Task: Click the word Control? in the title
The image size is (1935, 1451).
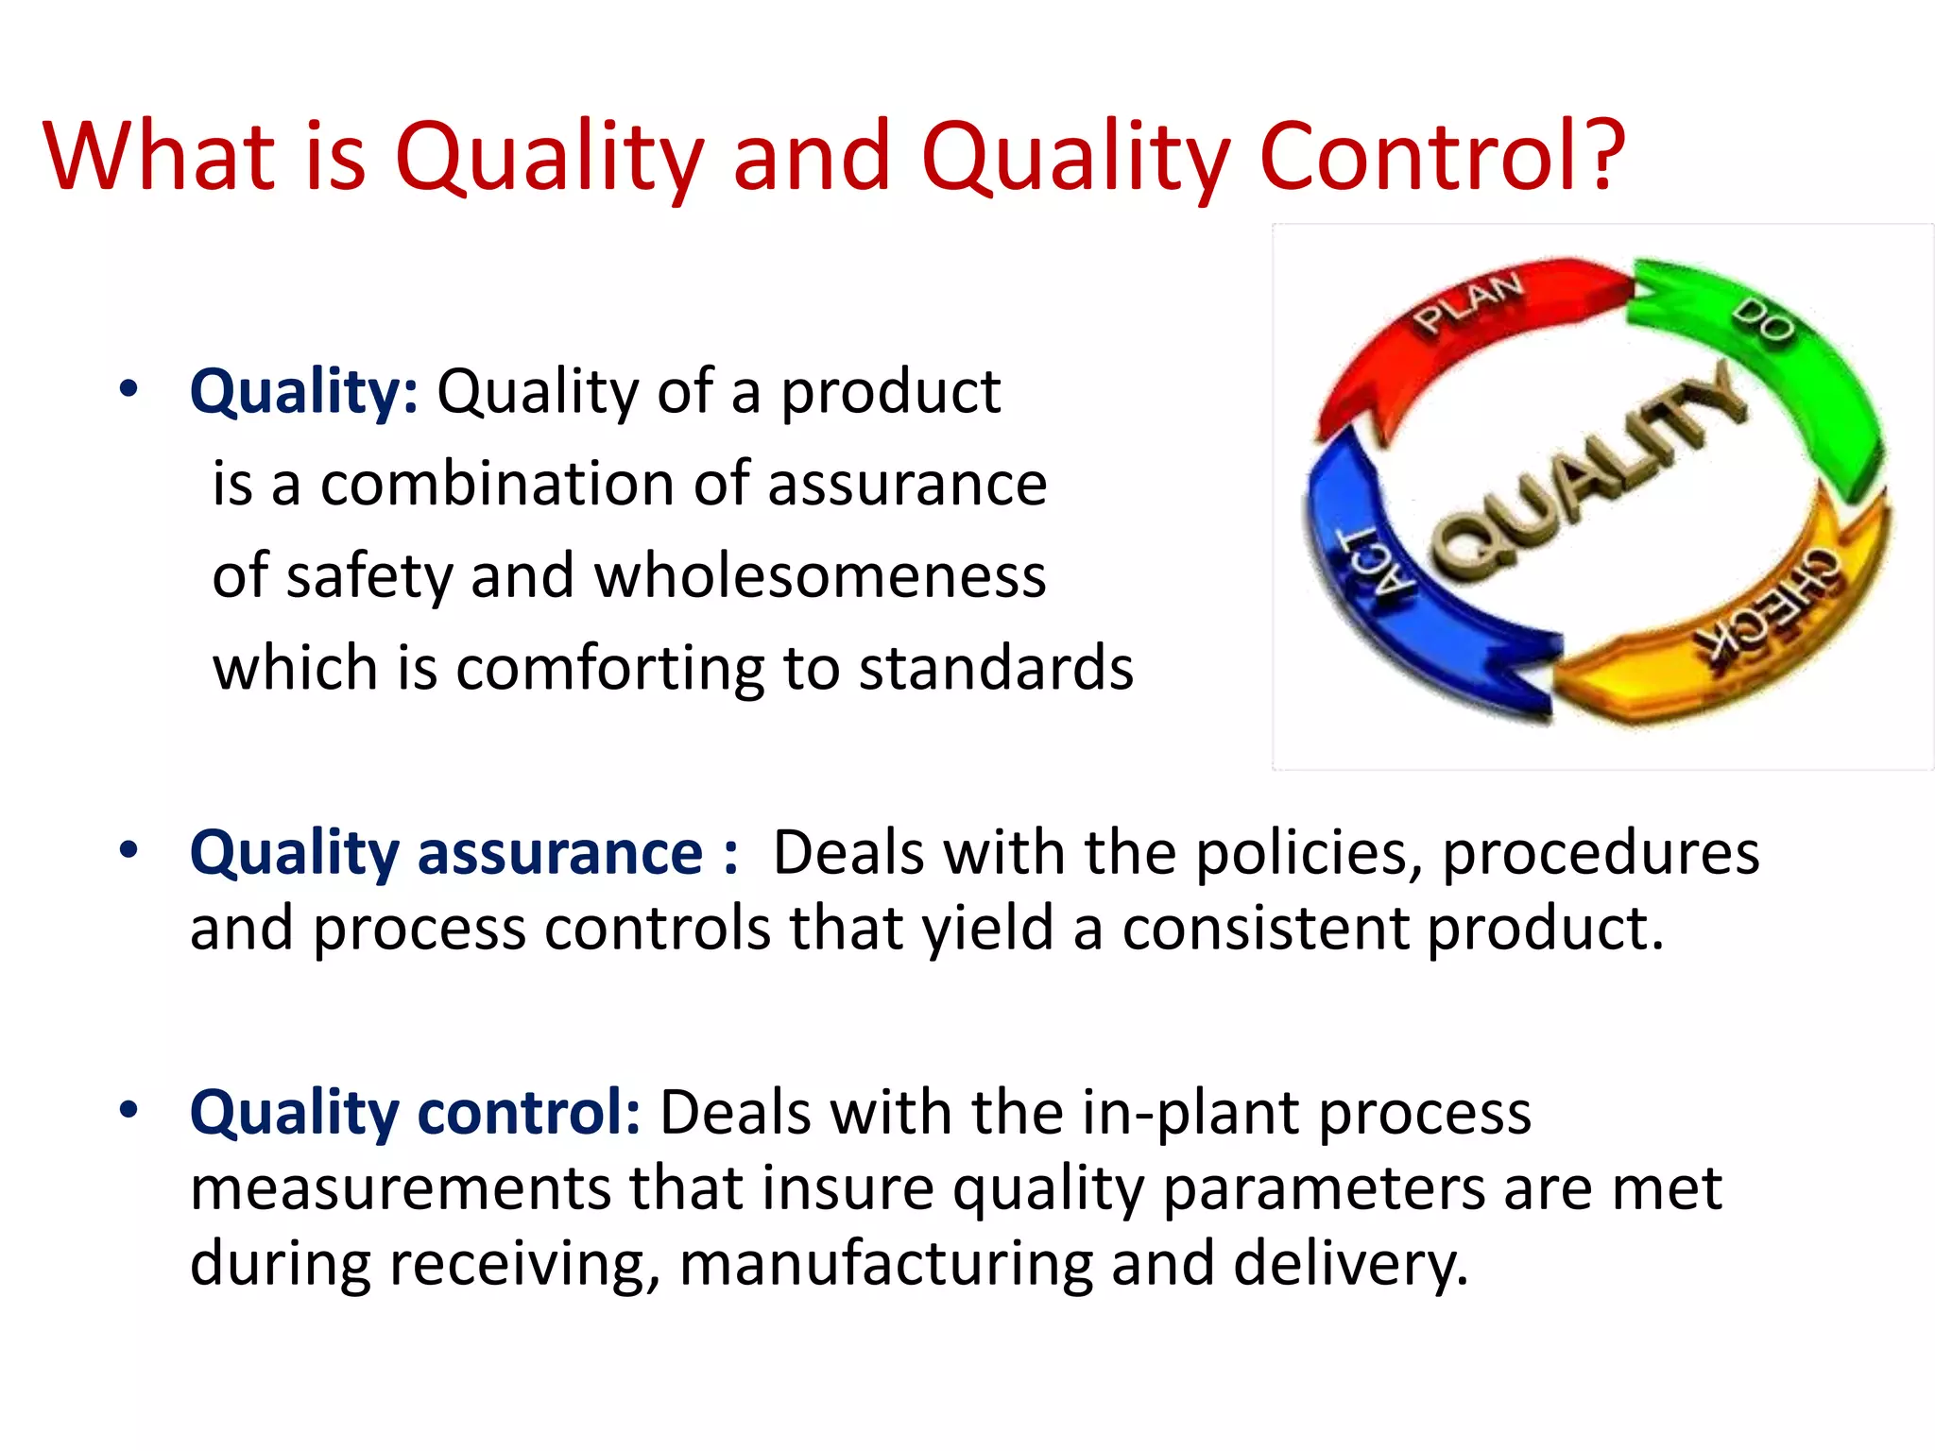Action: pos(1442,156)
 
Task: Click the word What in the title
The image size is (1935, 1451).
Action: pos(159,156)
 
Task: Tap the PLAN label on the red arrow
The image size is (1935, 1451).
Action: pos(1469,302)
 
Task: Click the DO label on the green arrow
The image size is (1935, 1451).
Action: pos(1763,321)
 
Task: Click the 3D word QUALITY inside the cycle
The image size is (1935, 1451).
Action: pos(1587,472)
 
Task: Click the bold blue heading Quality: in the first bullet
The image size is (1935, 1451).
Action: pos(303,392)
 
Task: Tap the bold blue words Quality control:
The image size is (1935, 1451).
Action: pos(415,1112)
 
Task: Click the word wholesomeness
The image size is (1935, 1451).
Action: pos(820,576)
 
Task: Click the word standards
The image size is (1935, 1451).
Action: pos(996,669)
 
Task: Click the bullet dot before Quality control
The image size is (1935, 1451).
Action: pos(129,1109)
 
